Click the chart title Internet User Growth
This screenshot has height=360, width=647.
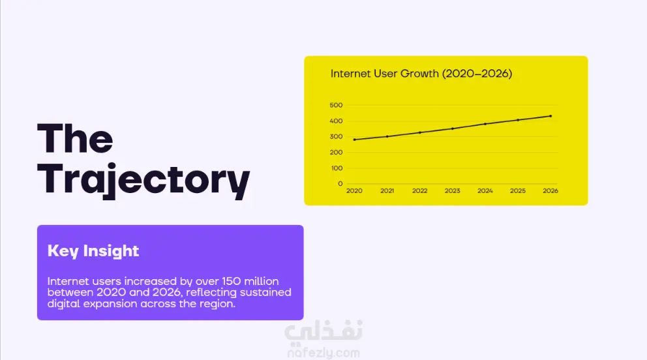coord(421,74)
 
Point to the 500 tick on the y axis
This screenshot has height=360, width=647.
coord(337,105)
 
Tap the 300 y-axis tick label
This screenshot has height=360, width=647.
coord(337,136)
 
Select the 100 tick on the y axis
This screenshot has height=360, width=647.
coord(337,168)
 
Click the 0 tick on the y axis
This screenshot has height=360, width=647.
coord(340,184)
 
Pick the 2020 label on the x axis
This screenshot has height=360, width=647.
coord(354,191)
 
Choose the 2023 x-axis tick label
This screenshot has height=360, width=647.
coord(452,191)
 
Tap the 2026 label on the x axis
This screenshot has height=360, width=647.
coord(550,191)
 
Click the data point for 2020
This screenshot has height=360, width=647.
coord(354,140)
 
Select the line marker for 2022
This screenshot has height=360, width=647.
coord(420,133)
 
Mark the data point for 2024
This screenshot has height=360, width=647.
coord(485,124)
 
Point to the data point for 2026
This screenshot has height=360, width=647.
coord(551,116)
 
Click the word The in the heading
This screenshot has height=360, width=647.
coord(75,138)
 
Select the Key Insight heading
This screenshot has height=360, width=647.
coord(93,250)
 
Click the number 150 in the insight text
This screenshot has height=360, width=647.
coord(232,281)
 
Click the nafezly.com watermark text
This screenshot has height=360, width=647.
coord(323,353)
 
